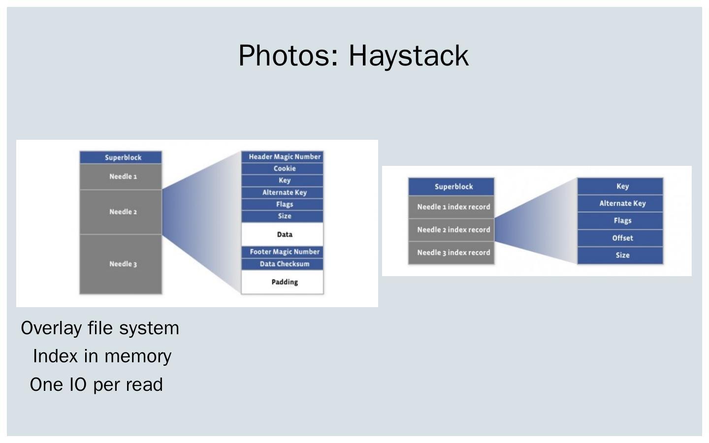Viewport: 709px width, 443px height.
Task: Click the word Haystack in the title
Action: point(409,56)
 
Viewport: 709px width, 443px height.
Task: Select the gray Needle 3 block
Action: point(121,264)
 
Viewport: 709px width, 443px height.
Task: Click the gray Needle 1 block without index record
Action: point(121,176)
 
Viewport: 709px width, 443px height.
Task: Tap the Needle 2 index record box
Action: point(451,230)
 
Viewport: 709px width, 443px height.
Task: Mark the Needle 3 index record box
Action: point(451,253)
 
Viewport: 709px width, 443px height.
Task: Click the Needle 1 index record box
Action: point(451,207)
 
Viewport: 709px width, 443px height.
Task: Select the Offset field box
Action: point(620,238)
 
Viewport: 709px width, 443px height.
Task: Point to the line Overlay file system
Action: point(100,328)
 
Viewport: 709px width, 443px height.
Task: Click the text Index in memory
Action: point(102,356)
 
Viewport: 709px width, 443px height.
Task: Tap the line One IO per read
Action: point(96,385)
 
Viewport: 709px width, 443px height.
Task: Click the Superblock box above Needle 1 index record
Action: point(451,187)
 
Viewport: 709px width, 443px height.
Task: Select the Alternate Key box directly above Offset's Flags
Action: point(620,203)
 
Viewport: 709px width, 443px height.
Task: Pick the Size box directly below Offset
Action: point(620,255)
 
